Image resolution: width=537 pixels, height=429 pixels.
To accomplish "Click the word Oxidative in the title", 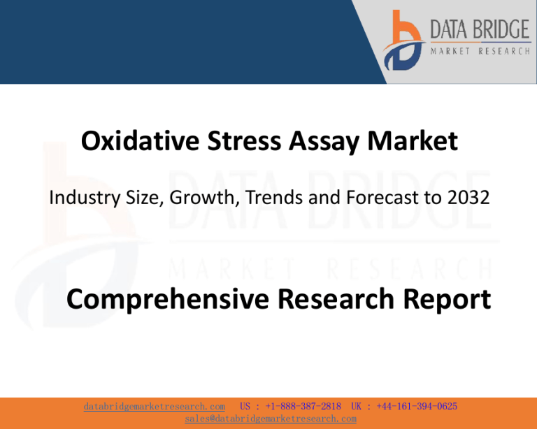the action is point(140,140).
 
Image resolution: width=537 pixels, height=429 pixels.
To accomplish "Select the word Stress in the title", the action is point(244,140).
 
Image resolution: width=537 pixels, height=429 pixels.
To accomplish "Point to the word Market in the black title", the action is point(413,140).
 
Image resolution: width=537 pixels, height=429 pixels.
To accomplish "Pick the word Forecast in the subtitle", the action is point(382,198).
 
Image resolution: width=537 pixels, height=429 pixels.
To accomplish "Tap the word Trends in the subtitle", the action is point(274,198).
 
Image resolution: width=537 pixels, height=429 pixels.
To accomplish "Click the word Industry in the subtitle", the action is point(85,198).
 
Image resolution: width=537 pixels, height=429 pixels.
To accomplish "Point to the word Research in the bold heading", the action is point(336,298).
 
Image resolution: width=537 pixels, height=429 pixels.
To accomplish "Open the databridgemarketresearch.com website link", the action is point(154,407).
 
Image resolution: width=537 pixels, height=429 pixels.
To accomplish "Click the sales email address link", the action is point(271,419).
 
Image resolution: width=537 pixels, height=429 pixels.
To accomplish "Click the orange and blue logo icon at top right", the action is point(404,41).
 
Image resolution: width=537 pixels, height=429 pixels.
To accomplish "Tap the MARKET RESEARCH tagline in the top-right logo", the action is point(480,51).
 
